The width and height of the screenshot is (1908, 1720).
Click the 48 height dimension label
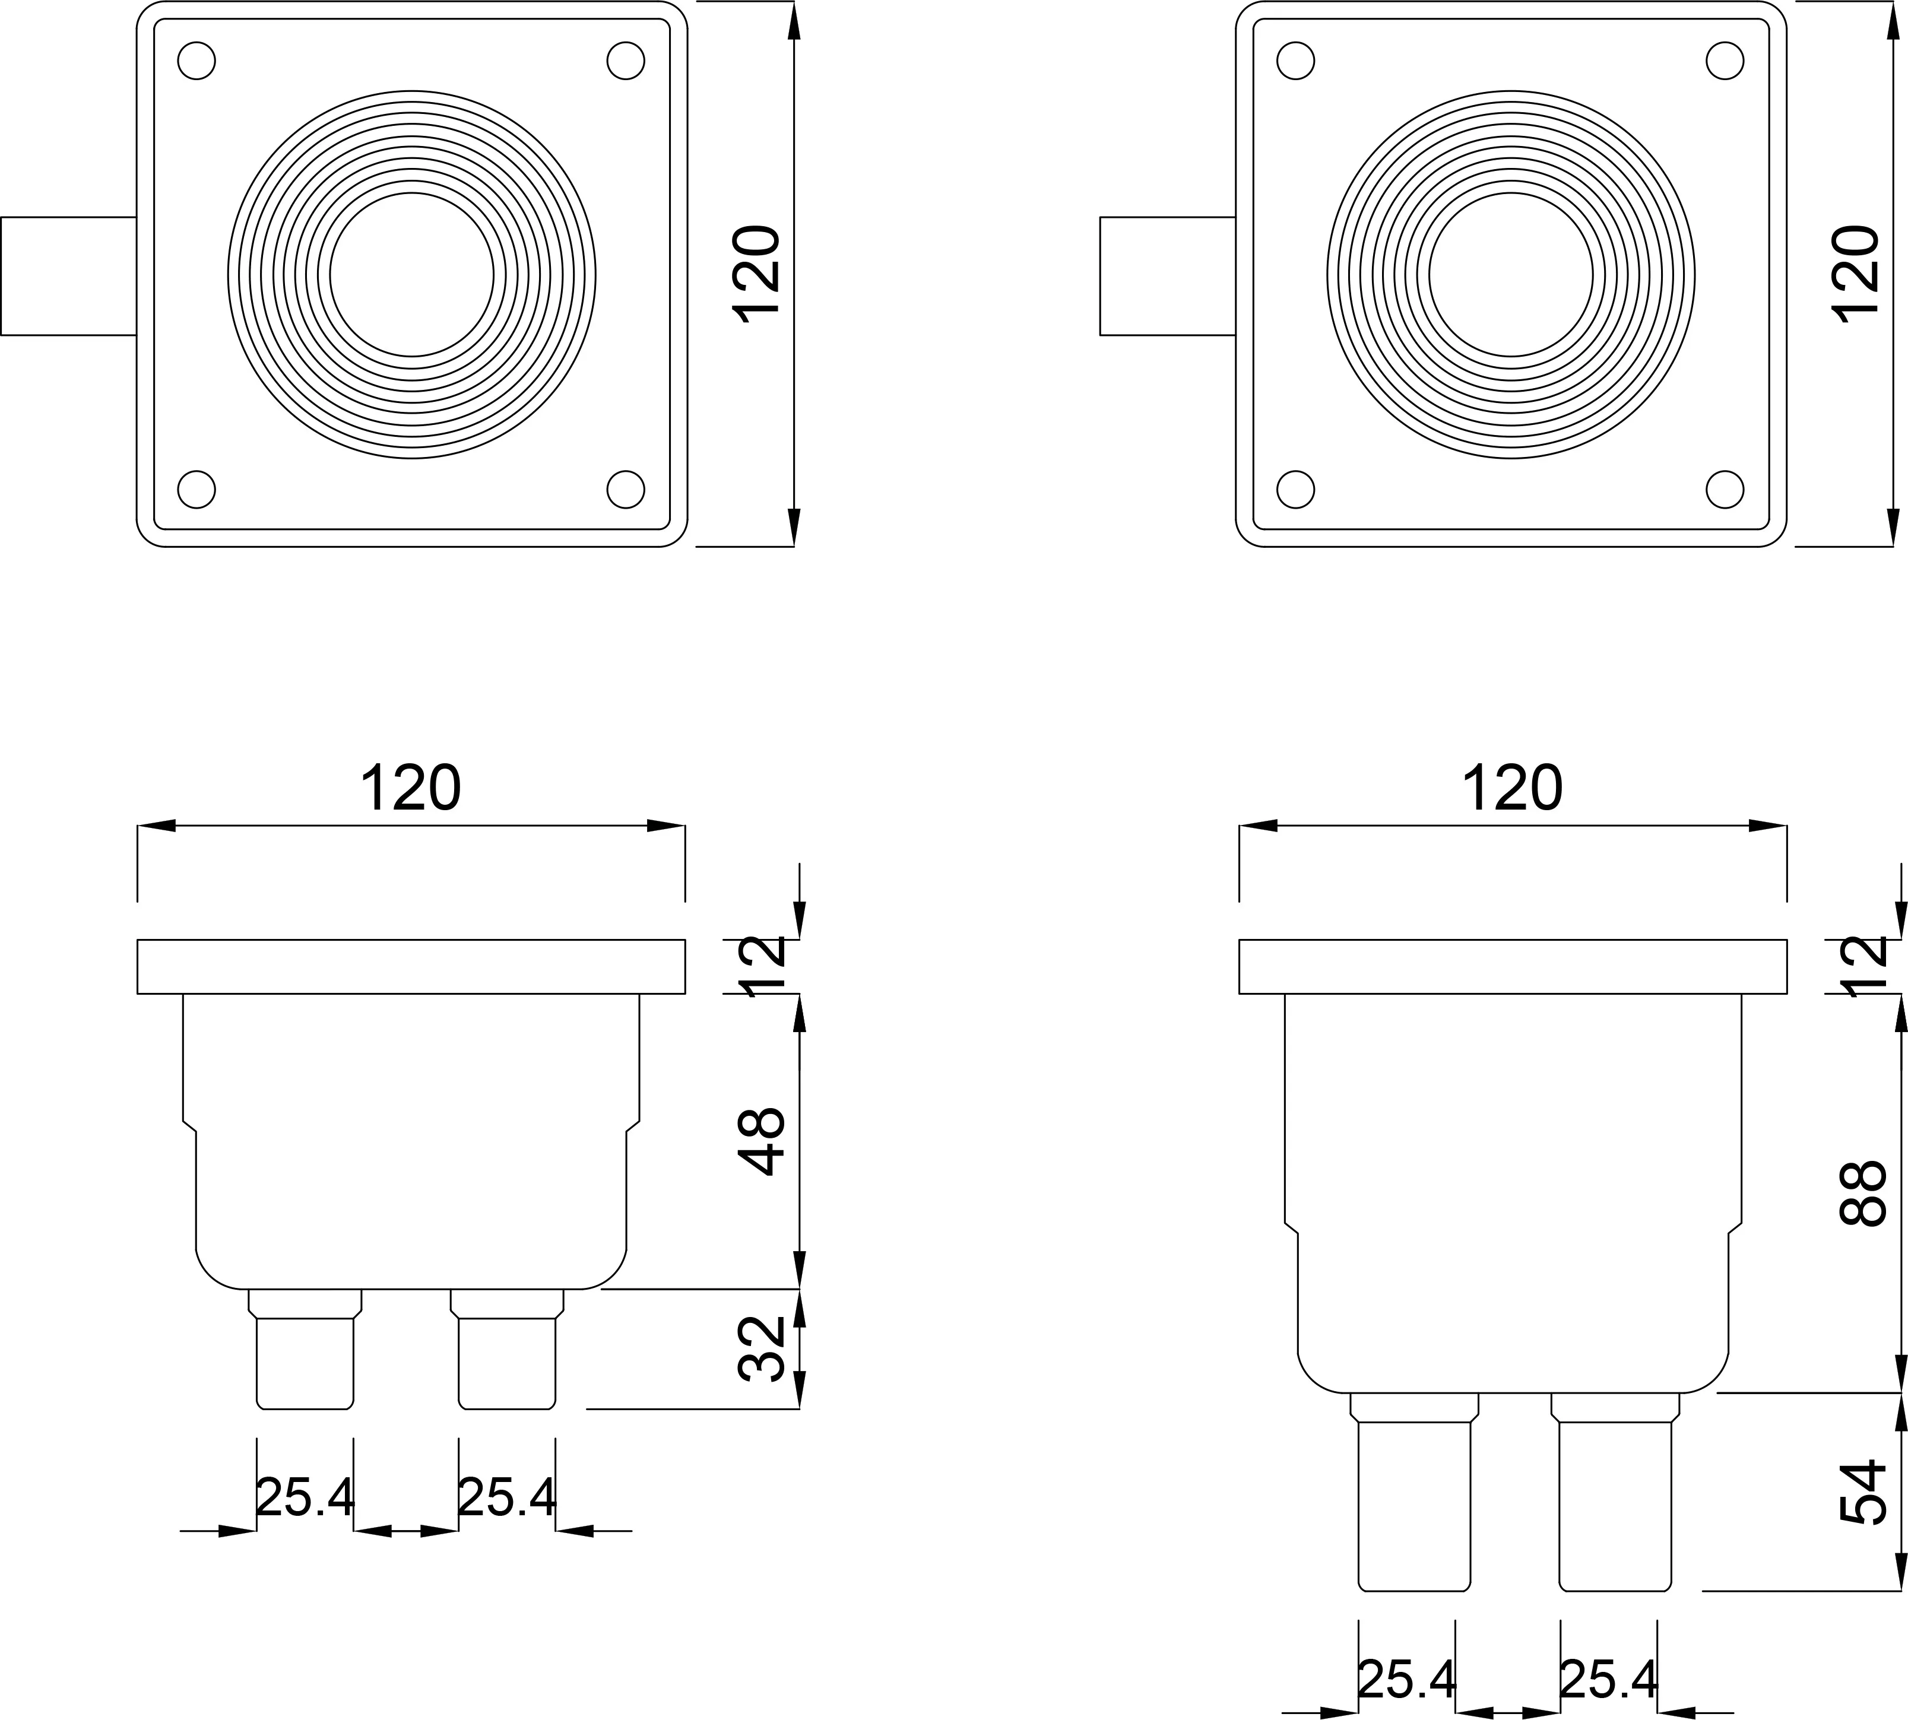pyautogui.click(x=762, y=1141)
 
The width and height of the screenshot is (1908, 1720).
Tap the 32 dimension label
pyautogui.click(x=762, y=1348)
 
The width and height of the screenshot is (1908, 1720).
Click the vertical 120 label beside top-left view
pyautogui.click(x=758, y=275)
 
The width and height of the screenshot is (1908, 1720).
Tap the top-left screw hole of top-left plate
pyautogui.click(x=196, y=61)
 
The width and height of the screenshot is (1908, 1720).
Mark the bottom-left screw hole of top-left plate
pyautogui.click(x=196, y=490)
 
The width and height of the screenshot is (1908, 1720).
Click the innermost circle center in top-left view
pyautogui.click(x=412, y=275)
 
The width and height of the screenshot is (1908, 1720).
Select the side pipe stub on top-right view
pyautogui.click(x=1168, y=276)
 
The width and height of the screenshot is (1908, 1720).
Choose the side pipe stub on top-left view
pyautogui.click(x=69, y=276)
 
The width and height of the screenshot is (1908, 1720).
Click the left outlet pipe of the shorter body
pyautogui.click(x=305, y=1348)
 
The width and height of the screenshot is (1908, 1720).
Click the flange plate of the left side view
pyautogui.click(x=411, y=967)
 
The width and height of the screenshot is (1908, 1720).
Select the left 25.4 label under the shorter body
pyautogui.click(x=305, y=1498)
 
